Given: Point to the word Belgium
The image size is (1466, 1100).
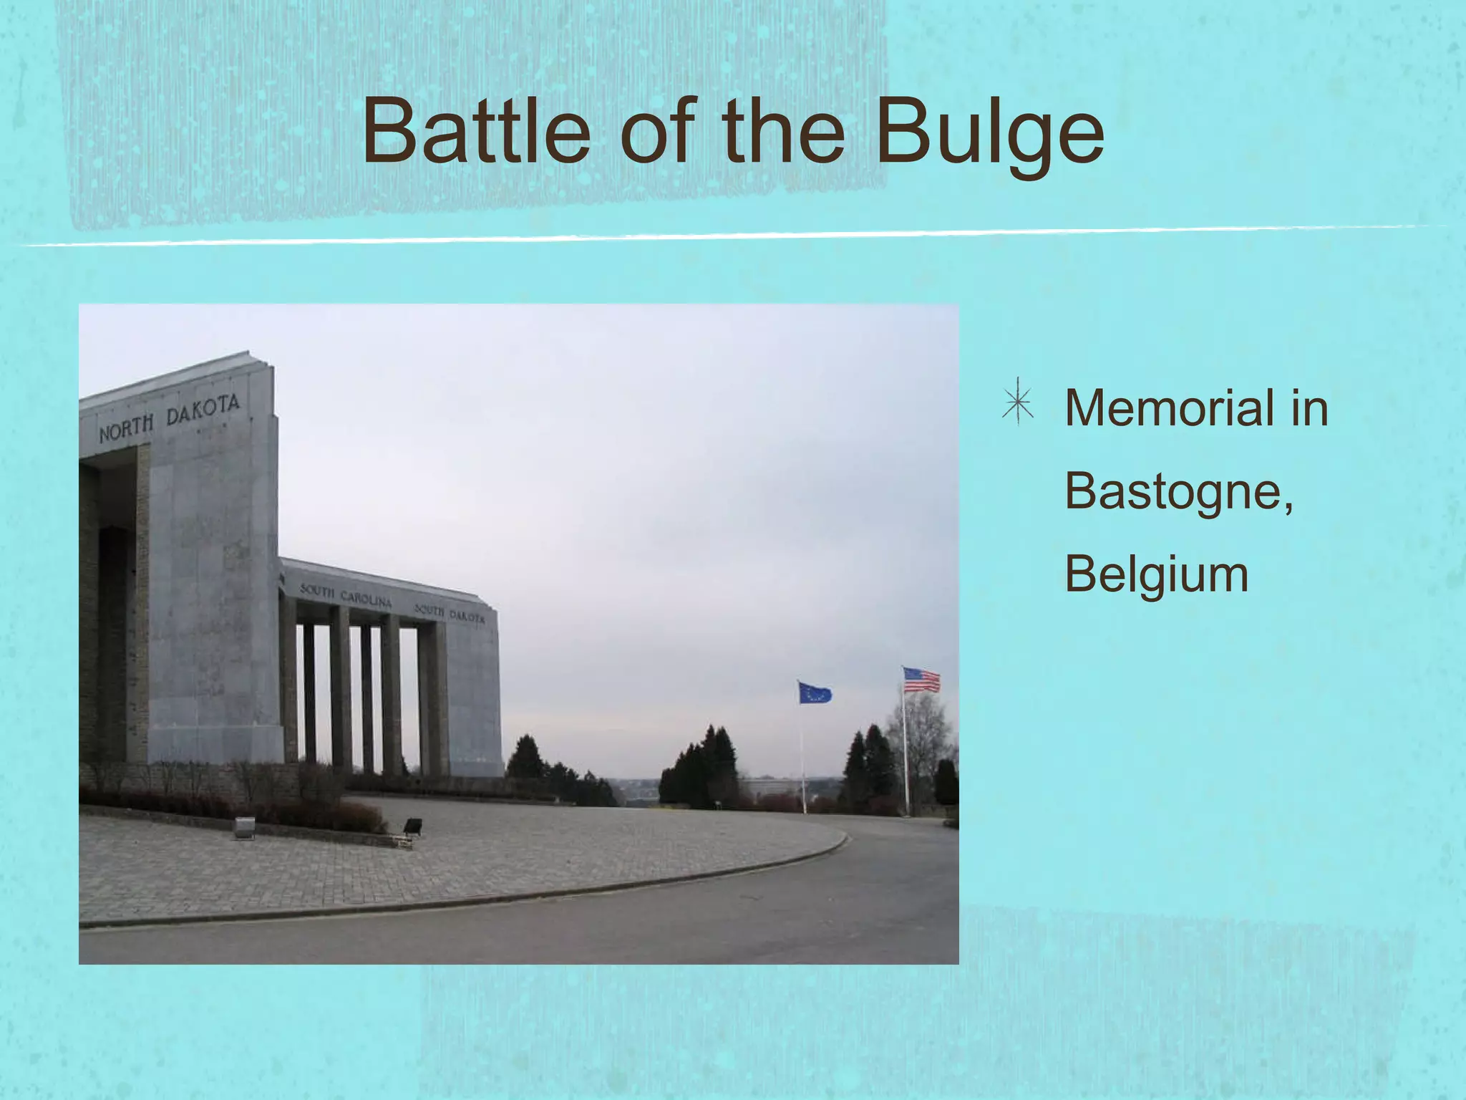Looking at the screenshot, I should point(1156,575).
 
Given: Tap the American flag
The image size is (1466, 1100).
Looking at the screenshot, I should point(921,680).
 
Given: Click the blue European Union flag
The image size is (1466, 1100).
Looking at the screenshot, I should point(815,693).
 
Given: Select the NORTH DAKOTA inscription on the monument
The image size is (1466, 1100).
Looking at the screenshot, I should point(169,418).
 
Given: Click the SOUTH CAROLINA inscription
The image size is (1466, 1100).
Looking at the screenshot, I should point(346,595).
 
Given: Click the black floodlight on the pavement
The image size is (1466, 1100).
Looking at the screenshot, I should point(412,826).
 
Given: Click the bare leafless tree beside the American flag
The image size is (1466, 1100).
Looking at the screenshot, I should point(923,738).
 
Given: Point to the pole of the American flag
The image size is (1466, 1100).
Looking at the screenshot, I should point(906,759).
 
